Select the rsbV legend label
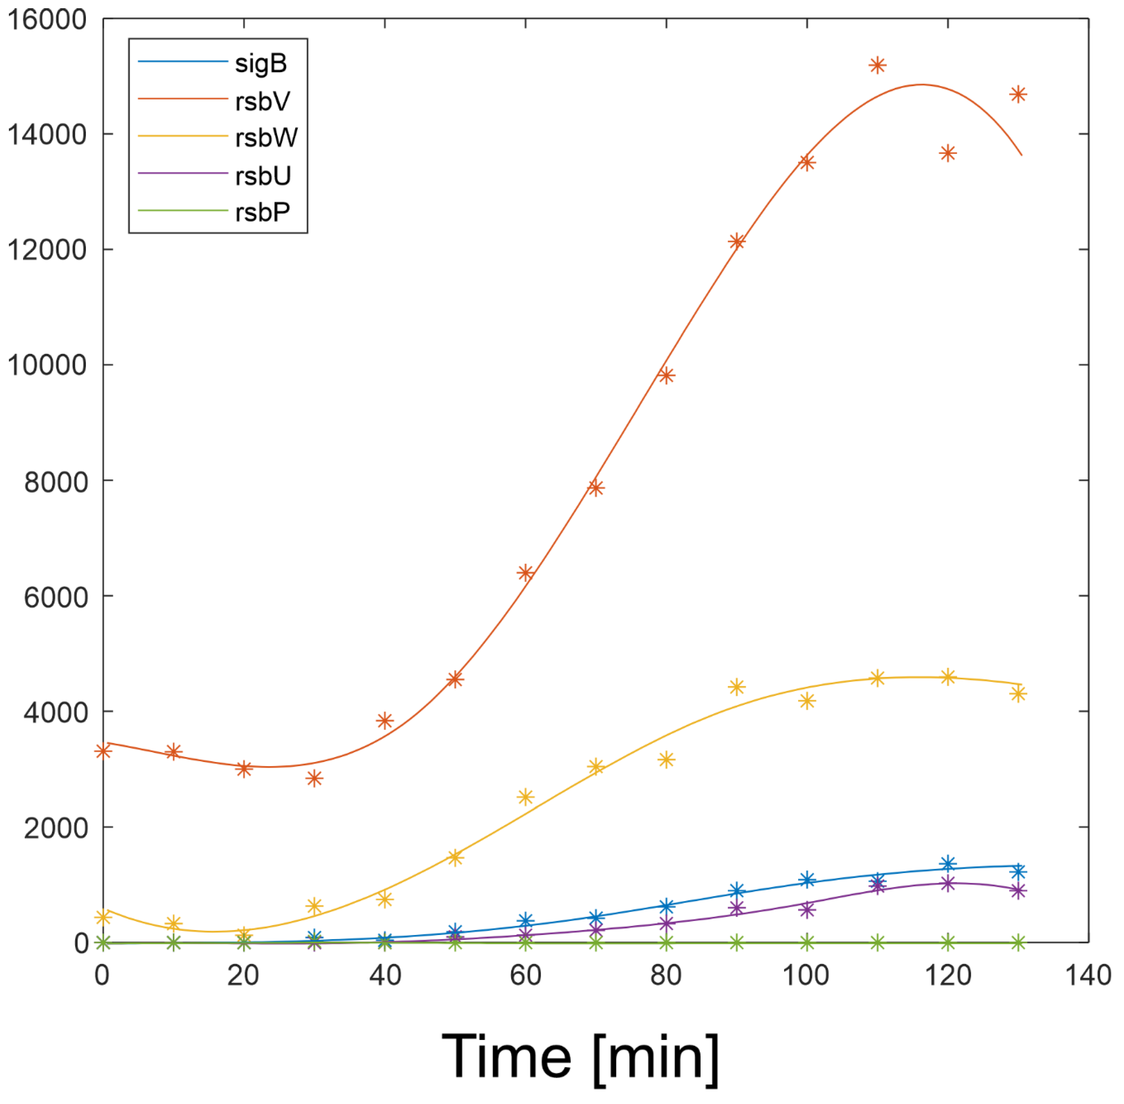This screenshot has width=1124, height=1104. click(x=262, y=101)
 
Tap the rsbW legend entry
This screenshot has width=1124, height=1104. click(x=266, y=137)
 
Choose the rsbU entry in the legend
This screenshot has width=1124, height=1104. click(x=262, y=175)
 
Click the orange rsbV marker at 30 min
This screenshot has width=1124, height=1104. click(x=314, y=778)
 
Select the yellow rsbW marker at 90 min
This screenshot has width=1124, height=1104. click(x=736, y=687)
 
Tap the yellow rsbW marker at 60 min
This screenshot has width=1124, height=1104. click(x=525, y=797)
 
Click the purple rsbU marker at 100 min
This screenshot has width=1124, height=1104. click(x=807, y=910)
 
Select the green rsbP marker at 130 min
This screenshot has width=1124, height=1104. click(x=1018, y=942)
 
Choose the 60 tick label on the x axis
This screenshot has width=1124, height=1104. click(x=525, y=975)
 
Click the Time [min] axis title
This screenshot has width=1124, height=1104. click(x=580, y=1056)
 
